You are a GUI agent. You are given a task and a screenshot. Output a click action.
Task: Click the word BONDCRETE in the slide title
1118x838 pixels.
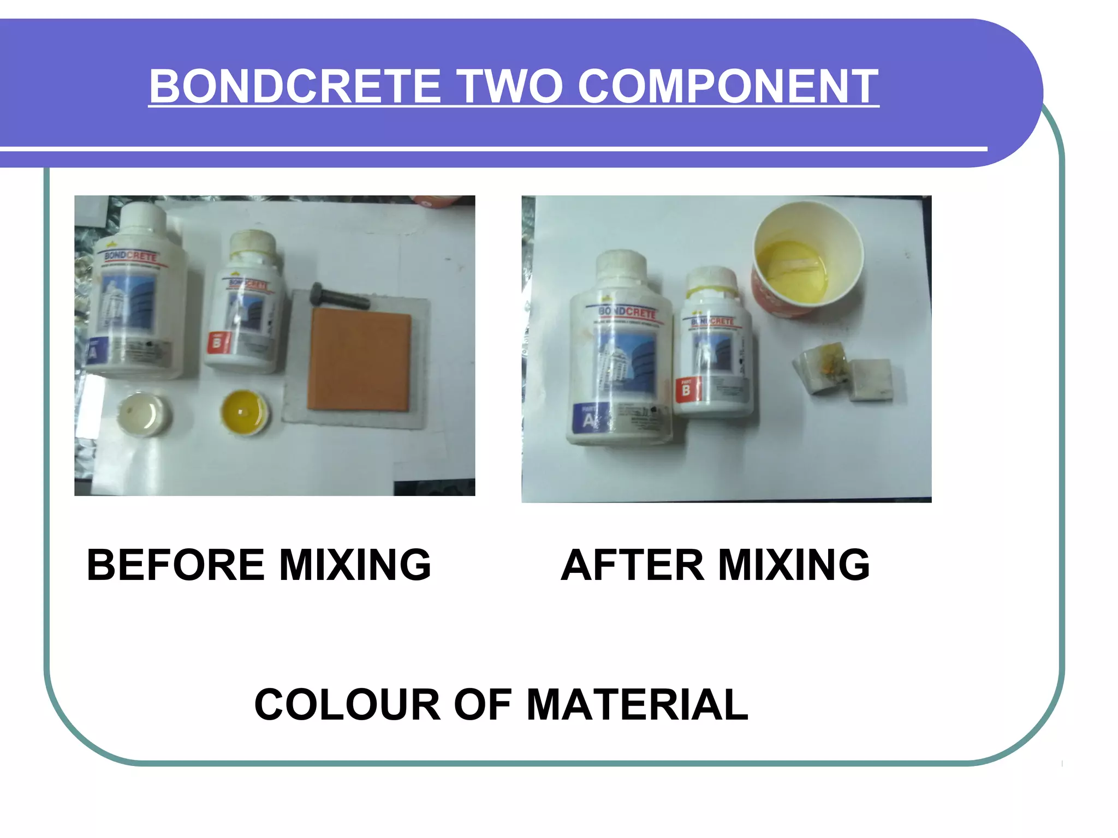coord(294,86)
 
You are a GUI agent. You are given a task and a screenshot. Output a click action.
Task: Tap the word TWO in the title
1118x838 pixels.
coord(510,86)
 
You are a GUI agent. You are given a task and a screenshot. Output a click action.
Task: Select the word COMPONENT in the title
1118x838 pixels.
coord(728,86)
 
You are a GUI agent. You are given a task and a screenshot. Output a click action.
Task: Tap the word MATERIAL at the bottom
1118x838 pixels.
coord(637,704)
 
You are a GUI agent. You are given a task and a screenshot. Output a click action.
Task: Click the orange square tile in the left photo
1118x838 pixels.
coord(359,359)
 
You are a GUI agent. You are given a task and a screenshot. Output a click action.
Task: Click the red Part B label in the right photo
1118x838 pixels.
coord(686,390)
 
